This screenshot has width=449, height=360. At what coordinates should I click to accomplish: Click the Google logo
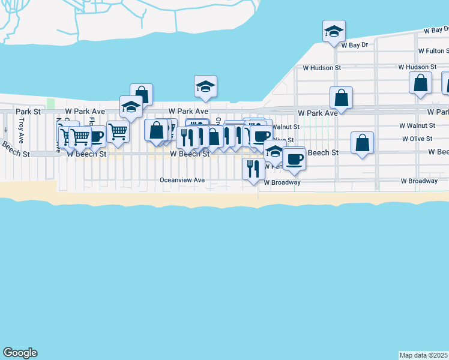pos(20,353)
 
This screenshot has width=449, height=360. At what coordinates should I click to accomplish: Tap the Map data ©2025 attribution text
pos(424,355)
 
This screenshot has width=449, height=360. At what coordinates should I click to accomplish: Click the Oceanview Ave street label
pos(182,179)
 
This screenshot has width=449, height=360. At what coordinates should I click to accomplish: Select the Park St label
pos(28,112)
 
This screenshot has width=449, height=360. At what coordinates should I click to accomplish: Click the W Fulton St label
pos(433,51)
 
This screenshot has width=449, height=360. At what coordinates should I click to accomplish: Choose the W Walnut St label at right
pos(417,125)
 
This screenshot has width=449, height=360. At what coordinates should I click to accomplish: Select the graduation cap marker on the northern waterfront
pos(205,86)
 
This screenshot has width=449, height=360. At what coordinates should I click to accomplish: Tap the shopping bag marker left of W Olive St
pos(361,143)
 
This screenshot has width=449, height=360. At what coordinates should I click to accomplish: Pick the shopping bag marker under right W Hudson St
pos(420,83)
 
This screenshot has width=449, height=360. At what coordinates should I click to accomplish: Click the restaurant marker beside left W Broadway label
pos(253,169)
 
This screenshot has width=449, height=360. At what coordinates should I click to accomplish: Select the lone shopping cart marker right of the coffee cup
pos(118,131)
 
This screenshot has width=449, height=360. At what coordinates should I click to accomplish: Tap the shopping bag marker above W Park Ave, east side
pos(340,98)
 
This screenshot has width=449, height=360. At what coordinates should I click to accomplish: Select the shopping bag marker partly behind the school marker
pos(142,94)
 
